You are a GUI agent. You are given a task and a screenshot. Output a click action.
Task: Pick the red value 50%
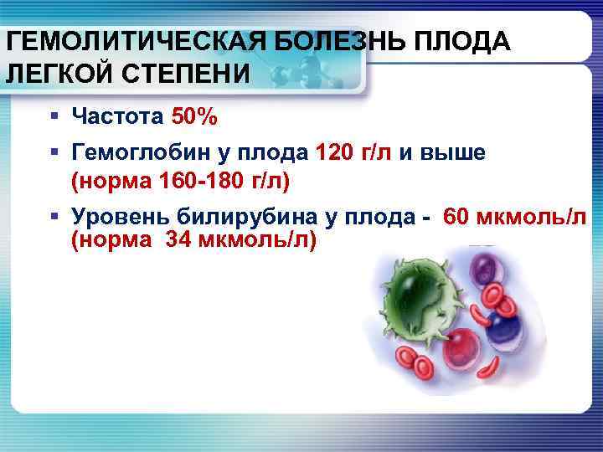pos(194,116)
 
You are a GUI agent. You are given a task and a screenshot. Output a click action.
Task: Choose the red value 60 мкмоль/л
pos(514,217)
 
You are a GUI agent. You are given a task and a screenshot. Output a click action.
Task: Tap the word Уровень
pos(121,217)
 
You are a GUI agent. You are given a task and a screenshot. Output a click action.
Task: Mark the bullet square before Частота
pos(54,116)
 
